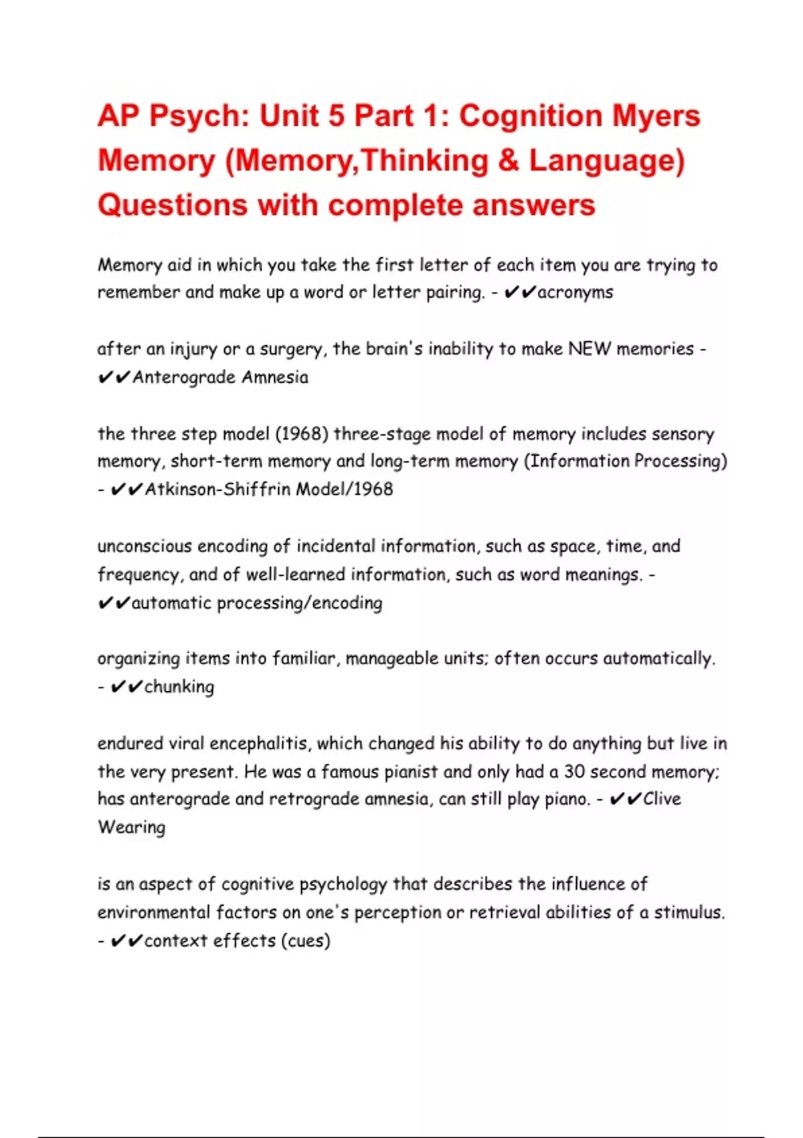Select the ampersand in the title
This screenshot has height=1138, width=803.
[x=508, y=161]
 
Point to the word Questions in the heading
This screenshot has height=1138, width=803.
[x=173, y=205]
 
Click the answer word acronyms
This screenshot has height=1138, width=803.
[x=575, y=293]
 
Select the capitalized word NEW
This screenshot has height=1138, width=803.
[x=589, y=349]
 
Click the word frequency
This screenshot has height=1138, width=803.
[x=138, y=575]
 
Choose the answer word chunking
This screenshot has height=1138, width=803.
[x=179, y=687]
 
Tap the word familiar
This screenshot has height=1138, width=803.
[x=303, y=659]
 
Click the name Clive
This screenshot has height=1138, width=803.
[x=662, y=799]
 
